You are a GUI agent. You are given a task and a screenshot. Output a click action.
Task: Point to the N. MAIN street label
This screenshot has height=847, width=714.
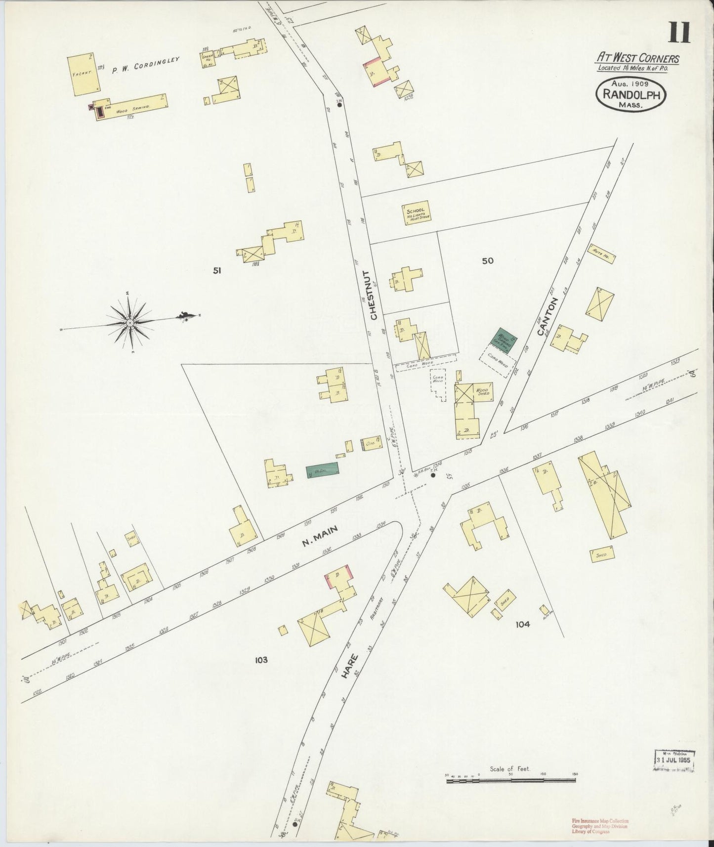[320, 536]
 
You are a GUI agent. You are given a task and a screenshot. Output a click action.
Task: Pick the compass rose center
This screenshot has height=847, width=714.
[129, 322]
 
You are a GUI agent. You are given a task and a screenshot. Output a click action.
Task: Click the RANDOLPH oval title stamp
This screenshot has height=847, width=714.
[631, 95]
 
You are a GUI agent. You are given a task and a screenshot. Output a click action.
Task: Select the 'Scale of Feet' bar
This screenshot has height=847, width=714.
[510, 780]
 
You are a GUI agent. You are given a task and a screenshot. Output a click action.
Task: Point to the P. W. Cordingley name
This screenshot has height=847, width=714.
[145, 64]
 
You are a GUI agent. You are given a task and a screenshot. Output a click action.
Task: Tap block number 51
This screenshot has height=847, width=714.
[216, 270]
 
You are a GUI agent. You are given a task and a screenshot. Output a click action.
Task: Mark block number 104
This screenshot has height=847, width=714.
[522, 624]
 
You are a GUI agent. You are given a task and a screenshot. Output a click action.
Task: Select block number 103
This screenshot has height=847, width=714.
[261, 659]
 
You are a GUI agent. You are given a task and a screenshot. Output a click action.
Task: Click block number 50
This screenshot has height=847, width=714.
[488, 261]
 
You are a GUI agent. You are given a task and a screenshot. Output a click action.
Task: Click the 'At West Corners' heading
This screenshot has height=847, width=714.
[637, 58]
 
